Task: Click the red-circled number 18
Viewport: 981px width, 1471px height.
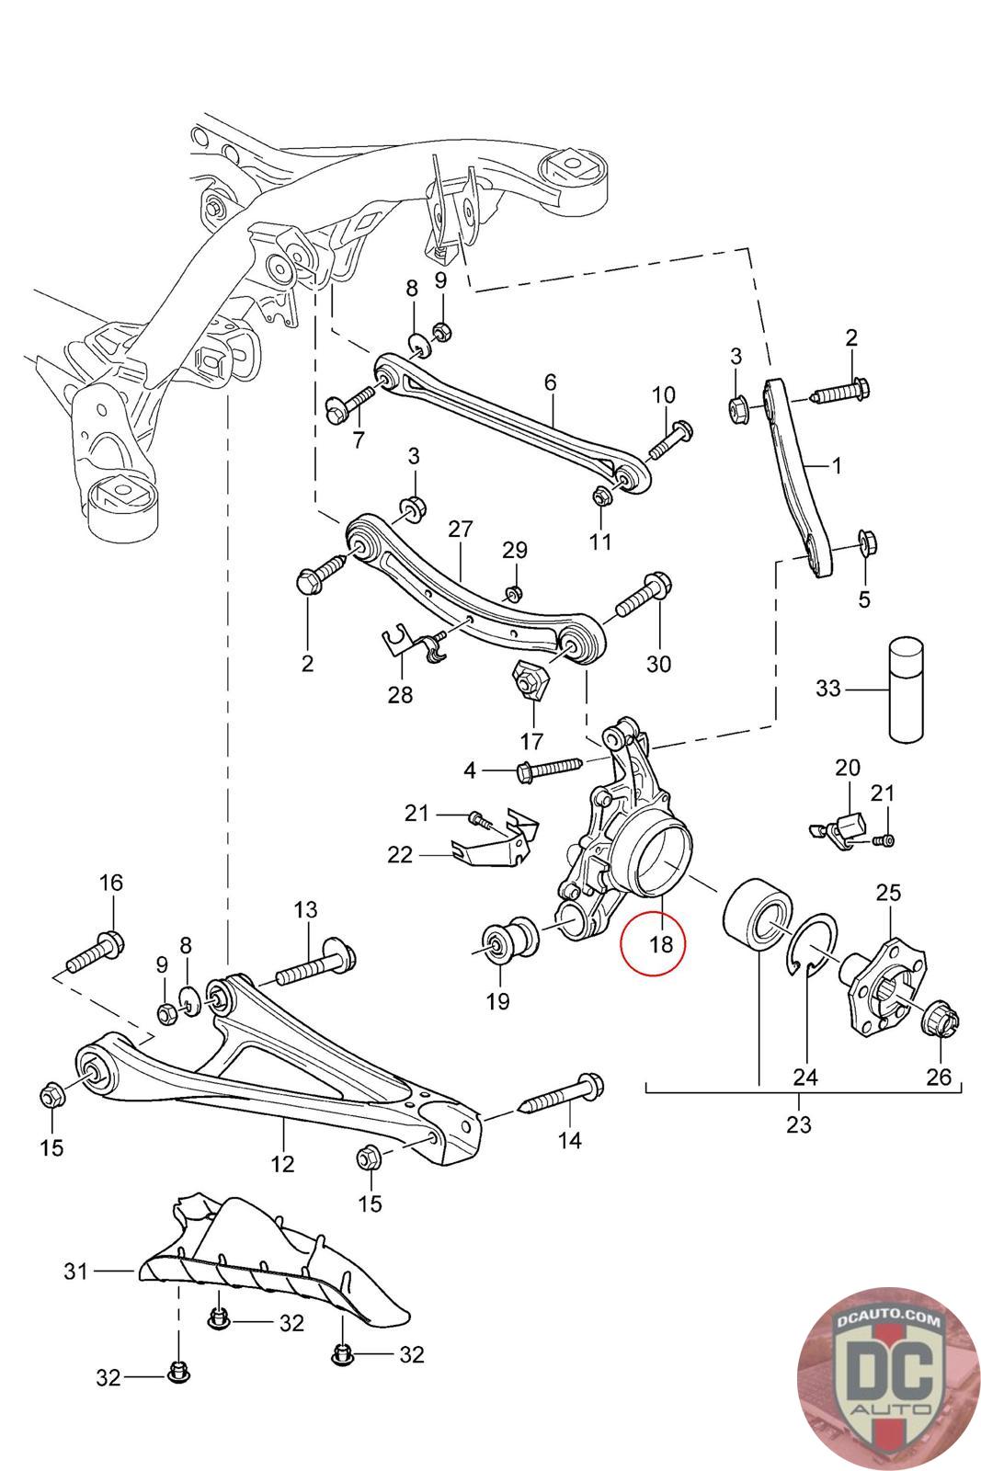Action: click(x=661, y=943)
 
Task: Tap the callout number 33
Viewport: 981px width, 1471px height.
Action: click(x=828, y=689)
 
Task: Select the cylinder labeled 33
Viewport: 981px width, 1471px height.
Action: click(x=907, y=689)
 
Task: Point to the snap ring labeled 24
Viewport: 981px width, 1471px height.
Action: click(x=812, y=946)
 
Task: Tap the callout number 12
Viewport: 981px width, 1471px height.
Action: click(x=282, y=1164)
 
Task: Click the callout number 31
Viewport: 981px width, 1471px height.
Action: click(x=75, y=1271)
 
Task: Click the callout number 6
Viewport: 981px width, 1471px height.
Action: click(x=550, y=382)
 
